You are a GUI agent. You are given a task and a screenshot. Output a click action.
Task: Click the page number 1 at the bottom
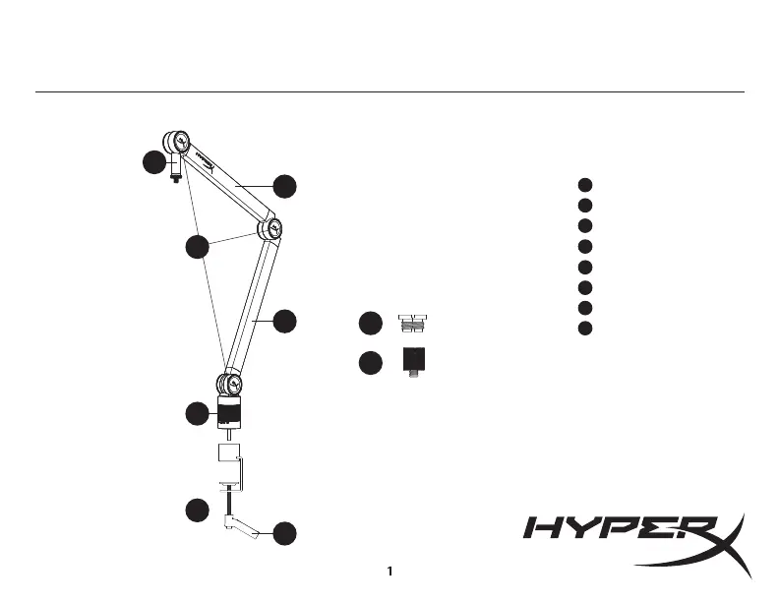pos(390,571)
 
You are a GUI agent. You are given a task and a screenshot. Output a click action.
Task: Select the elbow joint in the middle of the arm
pos(270,229)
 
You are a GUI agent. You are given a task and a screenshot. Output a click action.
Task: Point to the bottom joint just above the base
pos(228,382)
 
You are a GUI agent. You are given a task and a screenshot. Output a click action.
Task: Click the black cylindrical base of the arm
pos(228,413)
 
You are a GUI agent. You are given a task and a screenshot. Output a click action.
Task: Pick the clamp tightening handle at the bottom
pos(242,529)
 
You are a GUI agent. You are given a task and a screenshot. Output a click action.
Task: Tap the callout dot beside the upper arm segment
pos(284,185)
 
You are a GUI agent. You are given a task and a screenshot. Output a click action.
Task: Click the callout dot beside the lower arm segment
pos(284,321)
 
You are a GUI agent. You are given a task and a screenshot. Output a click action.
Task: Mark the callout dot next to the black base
pos(198,414)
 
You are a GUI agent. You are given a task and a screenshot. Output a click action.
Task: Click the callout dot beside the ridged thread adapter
pos(370,324)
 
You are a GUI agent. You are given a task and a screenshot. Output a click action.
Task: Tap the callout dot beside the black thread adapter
pos(370,362)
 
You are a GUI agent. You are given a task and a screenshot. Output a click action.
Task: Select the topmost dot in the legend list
pos(584,184)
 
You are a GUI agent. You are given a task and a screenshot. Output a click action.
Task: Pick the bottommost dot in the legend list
pos(584,328)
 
